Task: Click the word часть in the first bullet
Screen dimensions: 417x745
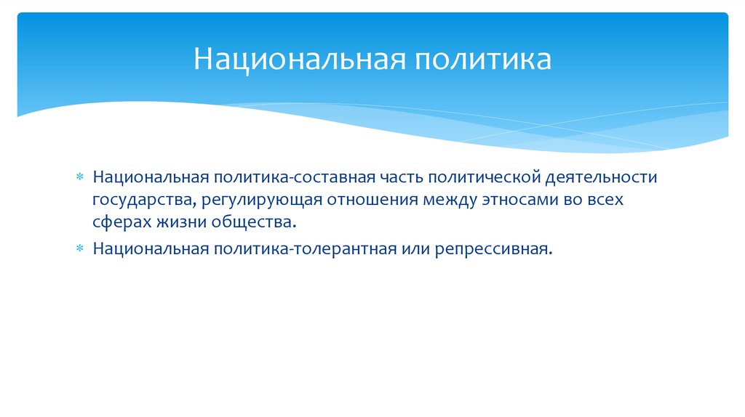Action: tap(400, 178)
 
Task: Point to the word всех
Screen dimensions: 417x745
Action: tap(605, 200)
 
